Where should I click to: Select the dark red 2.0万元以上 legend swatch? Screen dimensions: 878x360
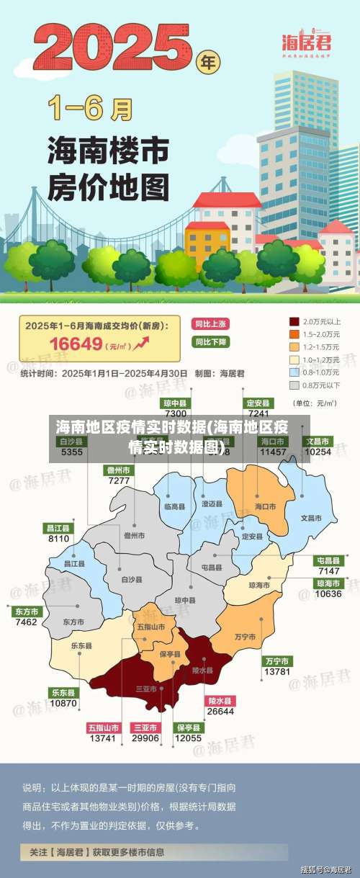(x=294, y=321)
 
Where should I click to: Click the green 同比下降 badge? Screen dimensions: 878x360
(x=210, y=341)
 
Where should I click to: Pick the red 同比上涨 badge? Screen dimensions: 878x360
(x=210, y=324)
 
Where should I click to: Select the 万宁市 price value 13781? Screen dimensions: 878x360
(x=277, y=671)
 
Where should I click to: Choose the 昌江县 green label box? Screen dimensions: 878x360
(x=59, y=528)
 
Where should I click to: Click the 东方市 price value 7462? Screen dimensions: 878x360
(x=26, y=622)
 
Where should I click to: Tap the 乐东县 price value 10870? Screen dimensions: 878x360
(x=63, y=702)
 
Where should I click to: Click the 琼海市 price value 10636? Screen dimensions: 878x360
(x=328, y=594)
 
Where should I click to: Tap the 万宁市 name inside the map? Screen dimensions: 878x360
(x=246, y=637)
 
